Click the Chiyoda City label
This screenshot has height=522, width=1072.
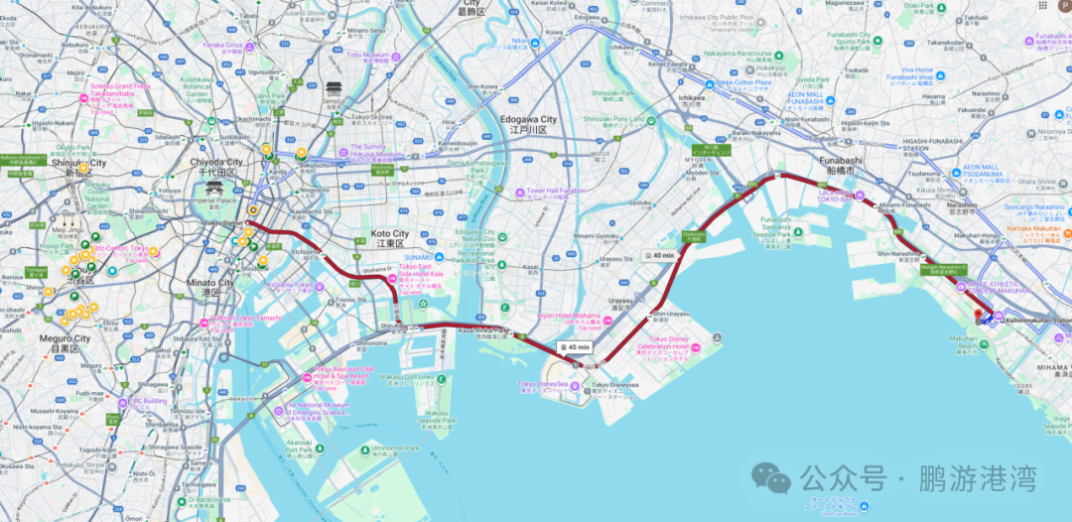(215, 162)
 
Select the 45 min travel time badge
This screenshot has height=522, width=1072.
(575, 347)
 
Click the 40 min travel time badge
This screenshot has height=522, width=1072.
(657, 255)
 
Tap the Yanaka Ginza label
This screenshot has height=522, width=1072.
(222, 45)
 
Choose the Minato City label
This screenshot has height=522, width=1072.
(212, 283)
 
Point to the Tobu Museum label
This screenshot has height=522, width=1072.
(369, 56)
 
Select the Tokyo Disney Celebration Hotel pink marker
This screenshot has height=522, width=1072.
(696, 347)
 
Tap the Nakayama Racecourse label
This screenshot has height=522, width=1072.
(739, 54)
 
